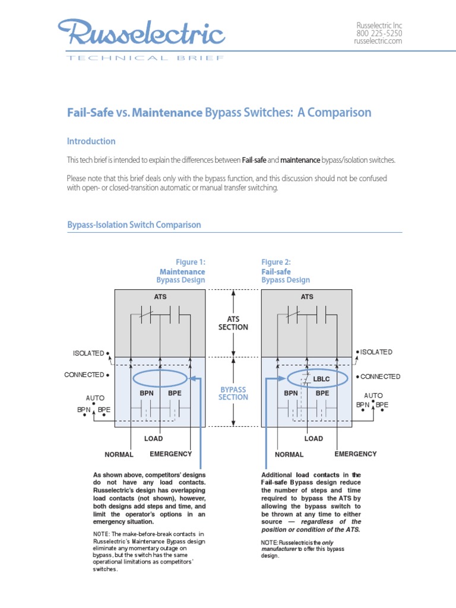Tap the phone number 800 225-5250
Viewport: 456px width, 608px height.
tap(379, 33)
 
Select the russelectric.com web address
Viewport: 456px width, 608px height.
tap(378, 41)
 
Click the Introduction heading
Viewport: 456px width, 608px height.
tap(91, 141)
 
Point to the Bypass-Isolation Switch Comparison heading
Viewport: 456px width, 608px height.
tap(134, 225)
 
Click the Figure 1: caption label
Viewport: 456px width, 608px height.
tap(190, 262)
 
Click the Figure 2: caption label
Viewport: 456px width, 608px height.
tap(276, 262)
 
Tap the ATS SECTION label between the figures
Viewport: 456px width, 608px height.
tap(233, 323)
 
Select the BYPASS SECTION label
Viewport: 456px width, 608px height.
tap(233, 393)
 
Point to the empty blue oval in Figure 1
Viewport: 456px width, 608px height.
tap(160, 378)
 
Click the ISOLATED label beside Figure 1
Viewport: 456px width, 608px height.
tap(88, 353)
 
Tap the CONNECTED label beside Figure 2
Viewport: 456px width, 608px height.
tap(380, 376)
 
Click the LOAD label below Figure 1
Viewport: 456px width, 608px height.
tap(153, 439)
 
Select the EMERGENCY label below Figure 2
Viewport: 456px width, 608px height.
tap(356, 454)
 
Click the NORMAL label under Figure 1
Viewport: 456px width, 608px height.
tap(119, 455)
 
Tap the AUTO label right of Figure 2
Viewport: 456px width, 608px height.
tap(373, 395)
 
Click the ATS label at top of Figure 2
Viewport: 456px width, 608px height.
tap(307, 296)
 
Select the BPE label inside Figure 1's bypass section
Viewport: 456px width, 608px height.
tap(175, 393)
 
